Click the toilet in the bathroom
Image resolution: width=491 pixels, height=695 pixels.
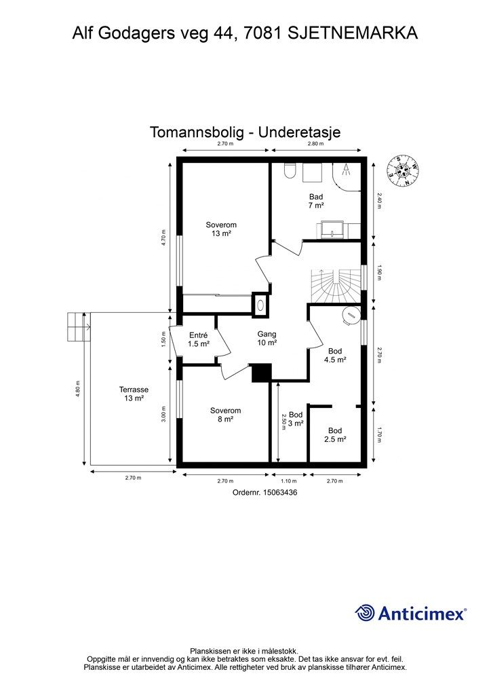click(290, 172)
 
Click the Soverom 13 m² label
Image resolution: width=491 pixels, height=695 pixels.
click(221, 229)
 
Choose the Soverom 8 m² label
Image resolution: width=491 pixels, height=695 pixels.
click(225, 415)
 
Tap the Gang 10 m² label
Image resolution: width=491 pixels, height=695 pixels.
click(267, 339)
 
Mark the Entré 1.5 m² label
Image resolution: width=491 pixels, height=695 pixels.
click(198, 339)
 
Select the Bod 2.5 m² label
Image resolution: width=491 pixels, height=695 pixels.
click(335, 435)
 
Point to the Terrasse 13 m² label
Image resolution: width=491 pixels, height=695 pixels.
click(134, 394)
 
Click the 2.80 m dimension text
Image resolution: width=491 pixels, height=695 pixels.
click(317, 144)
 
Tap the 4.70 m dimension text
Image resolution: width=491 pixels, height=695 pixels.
click(163, 239)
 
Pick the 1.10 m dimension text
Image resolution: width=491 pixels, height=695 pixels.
click(290, 481)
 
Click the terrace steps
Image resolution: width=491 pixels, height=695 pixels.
click(77, 327)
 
